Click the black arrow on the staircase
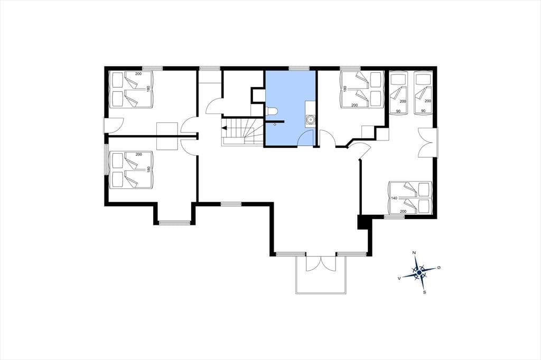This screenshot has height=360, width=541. point(224,128)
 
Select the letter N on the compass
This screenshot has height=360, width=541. point(414,253)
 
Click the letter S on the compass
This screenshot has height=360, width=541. point(425,292)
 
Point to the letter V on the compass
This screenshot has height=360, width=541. point(399,278)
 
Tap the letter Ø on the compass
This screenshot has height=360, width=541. point(439,268)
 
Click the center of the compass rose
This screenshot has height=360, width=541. point(419,272)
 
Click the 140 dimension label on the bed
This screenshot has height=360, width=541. point(394,198)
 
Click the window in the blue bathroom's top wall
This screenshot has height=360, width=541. point(299,68)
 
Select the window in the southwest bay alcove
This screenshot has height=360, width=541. point(174,223)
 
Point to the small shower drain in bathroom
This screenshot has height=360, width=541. point(275,125)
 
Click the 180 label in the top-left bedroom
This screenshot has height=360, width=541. point(148,88)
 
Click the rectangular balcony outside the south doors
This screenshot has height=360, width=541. point(321,275)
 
